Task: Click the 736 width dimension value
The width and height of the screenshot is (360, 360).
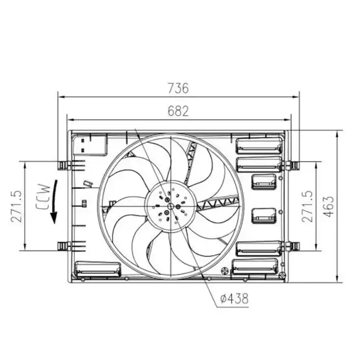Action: point(178,88)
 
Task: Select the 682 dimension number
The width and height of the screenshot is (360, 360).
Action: point(178,111)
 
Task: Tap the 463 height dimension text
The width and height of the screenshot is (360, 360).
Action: point(329,206)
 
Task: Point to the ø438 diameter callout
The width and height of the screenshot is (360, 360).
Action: point(234,298)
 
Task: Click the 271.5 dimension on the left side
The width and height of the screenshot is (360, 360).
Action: point(17,206)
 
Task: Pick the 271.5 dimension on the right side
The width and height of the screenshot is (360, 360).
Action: point(308,206)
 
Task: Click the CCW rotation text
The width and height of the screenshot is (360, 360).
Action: point(43,197)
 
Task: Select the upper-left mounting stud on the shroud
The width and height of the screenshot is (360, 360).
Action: point(64,165)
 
